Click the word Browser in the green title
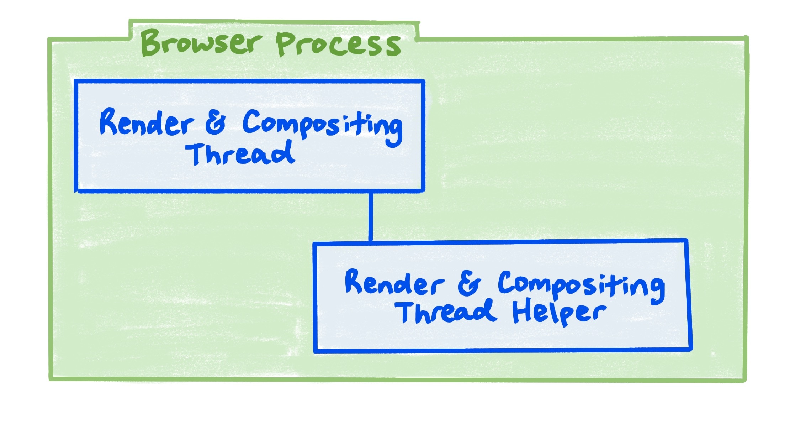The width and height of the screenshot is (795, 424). (201, 43)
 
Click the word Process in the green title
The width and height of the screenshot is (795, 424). (338, 45)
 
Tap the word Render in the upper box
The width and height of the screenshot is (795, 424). (146, 123)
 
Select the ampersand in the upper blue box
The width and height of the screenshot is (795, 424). (216, 123)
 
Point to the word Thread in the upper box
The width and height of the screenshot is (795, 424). (240, 154)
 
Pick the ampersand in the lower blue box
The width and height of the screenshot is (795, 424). (469, 284)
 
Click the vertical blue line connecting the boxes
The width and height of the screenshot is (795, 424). (371, 217)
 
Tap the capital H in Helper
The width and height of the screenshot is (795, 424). (521, 312)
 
